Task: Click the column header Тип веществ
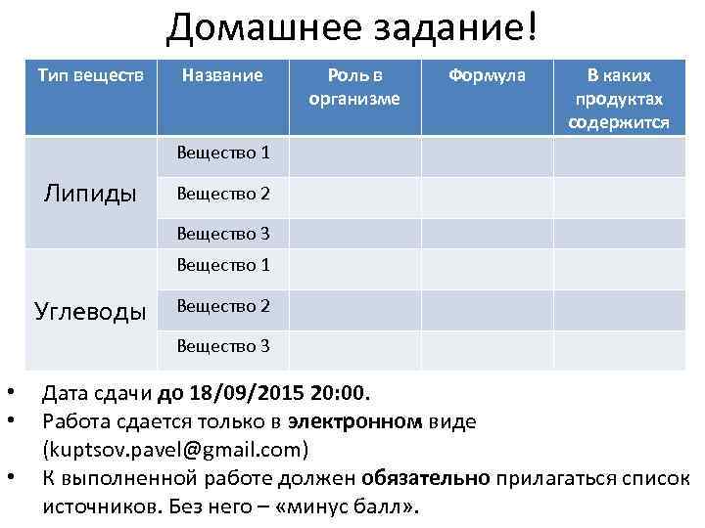tap(90, 75)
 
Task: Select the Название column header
tap(222, 75)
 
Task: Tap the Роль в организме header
tap(354, 86)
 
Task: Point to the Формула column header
tap(487, 75)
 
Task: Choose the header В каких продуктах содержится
tap(619, 99)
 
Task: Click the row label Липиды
tap(90, 193)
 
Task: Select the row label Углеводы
tap(90, 312)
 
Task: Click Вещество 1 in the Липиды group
tap(222, 154)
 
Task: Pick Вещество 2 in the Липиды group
tap(222, 194)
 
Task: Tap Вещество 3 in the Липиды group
tap(222, 234)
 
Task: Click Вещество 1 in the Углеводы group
tap(222, 265)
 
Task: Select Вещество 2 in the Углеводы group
tap(222, 306)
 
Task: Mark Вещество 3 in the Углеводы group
tap(222, 346)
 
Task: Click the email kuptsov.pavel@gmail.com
tap(175, 450)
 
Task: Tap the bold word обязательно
tap(425, 479)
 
